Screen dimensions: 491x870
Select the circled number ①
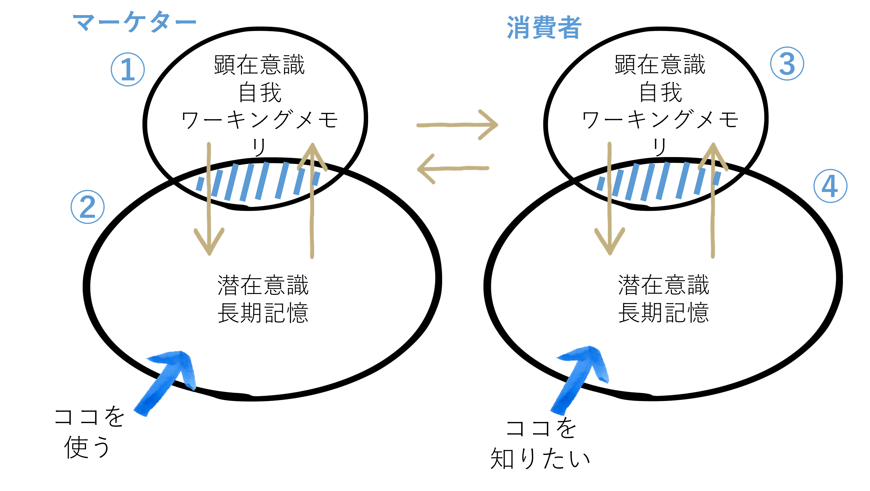[x=128, y=69]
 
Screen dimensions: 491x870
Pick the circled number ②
[x=87, y=207]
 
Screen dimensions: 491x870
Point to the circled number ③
[x=787, y=63]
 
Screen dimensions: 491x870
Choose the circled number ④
[x=830, y=186]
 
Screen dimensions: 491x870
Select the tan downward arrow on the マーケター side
[x=209, y=203]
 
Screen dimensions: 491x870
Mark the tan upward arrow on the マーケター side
[x=312, y=203]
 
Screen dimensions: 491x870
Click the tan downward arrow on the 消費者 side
[x=610, y=203]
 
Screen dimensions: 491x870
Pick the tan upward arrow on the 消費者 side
[x=712, y=203]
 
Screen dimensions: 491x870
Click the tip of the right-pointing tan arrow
[x=497, y=124]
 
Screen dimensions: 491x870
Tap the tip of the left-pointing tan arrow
[x=419, y=169]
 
